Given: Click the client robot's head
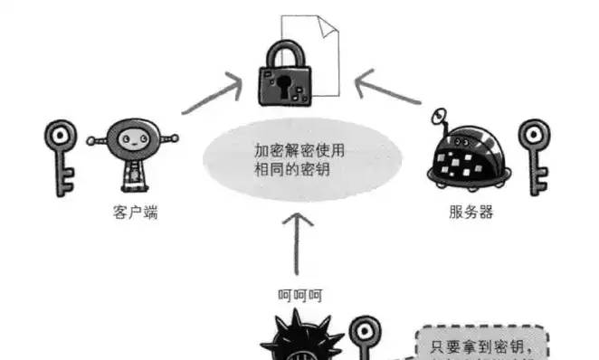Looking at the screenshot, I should pyautogui.click(x=133, y=140).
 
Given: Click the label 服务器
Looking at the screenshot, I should pyautogui.click(x=471, y=214).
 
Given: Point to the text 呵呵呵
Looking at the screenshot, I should pyautogui.click(x=300, y=294).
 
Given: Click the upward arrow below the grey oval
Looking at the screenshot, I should pyautogui.click(x=300, y=242).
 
